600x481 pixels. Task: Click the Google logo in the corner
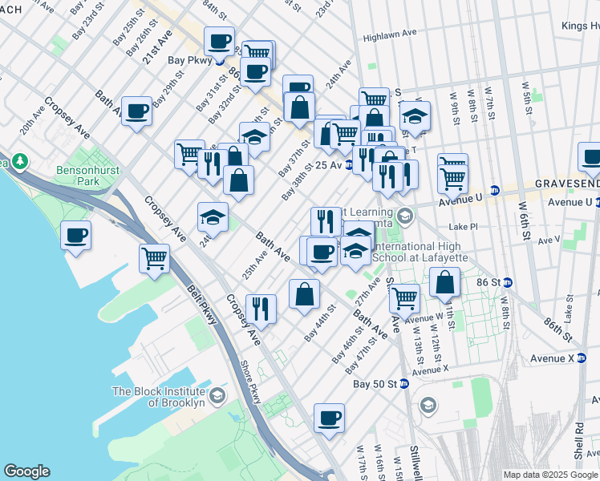point(26,471)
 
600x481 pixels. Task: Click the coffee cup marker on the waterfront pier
point(75,235)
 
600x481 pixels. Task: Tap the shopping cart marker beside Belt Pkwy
point(154,257)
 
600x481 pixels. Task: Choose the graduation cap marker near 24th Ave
point(213,216)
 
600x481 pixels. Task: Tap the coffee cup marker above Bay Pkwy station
point(219,40)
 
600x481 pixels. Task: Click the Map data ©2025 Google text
point(549,474)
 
